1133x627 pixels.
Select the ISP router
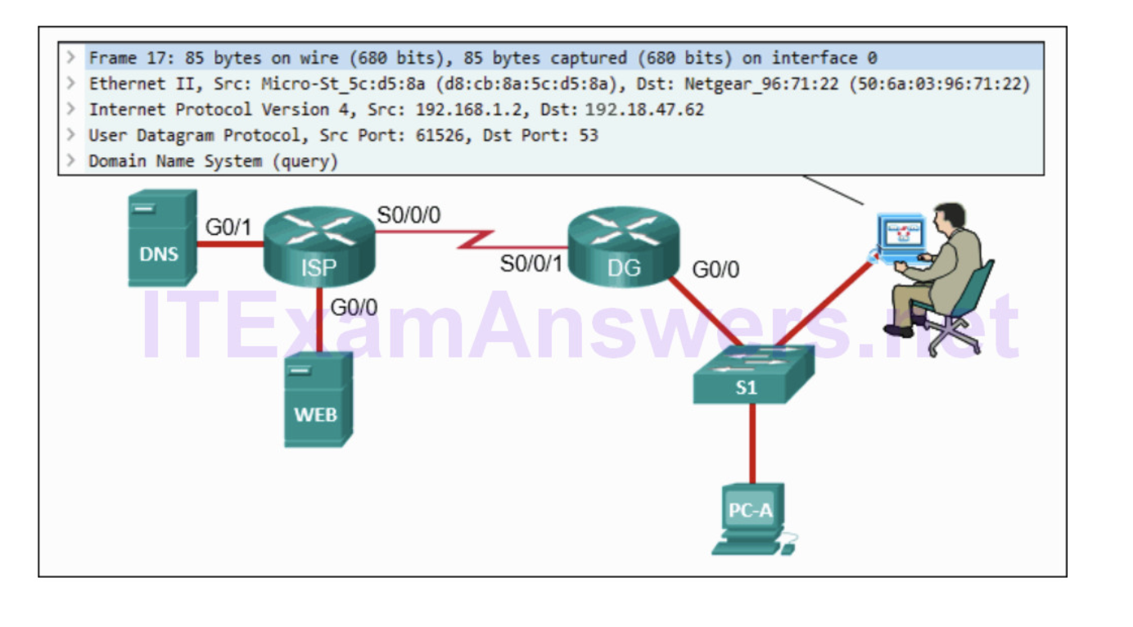point(318,246)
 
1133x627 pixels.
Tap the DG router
point(623,246)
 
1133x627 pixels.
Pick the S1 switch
point(752,375)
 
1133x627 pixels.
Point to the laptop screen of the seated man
point(900,232)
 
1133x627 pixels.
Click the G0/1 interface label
point(228,227)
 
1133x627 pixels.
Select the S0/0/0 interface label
point(409,215)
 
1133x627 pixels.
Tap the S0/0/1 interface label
point(531,264)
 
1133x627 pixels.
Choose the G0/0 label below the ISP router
point(354,308)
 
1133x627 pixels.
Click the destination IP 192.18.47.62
point(644,110)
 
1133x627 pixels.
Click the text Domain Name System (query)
point(213,161)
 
